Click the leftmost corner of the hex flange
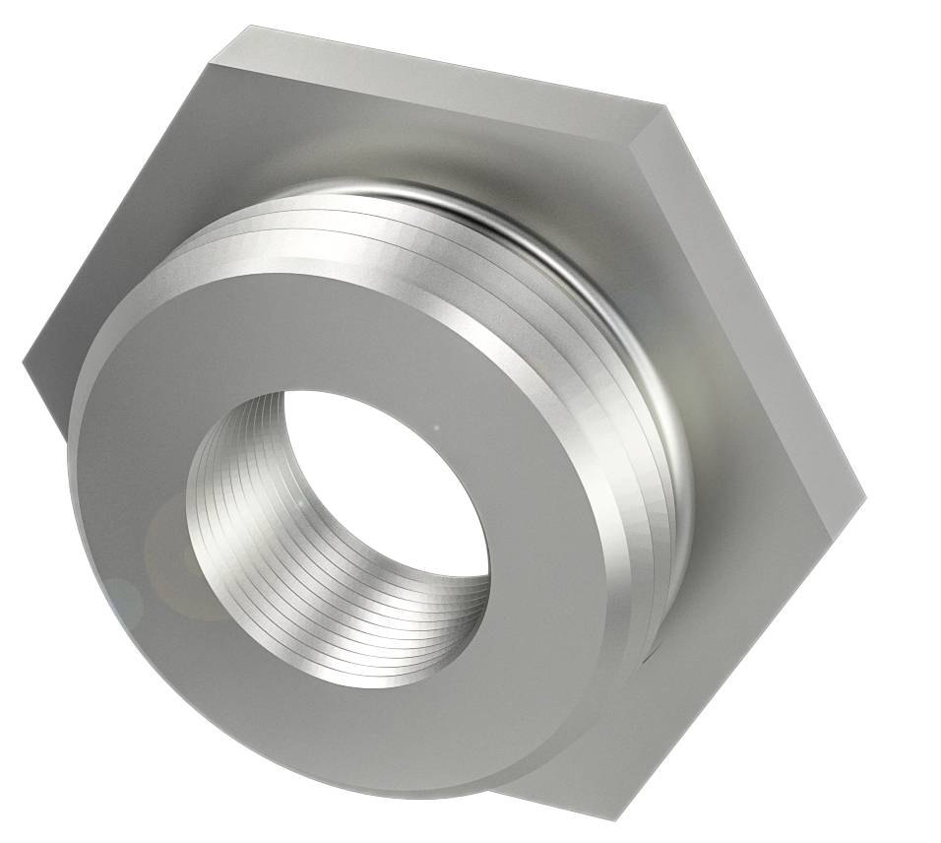point(24,364)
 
